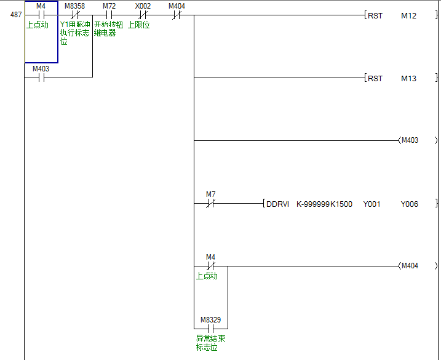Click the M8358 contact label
(x=74, y=6)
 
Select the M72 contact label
(x=109, y=6)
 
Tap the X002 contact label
(x=143, y=6)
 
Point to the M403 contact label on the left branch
(x=41, y=69)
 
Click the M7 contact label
(x=211, y=194)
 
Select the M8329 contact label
(x=211, y=320)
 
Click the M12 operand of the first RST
(x=408, y=15)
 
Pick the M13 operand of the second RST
(x=408, y=78)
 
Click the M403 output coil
(x=410, y=140)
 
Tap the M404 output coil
(x=410, y=266)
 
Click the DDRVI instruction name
(x=278, y=204)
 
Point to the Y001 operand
(x=371, y=204)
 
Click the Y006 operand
(x=409, y=204)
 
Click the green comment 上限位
(x=139, y=25)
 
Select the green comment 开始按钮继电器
(x=105, y=29)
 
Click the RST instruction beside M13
(x=375, y=78)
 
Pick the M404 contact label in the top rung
(x=177, y=6)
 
